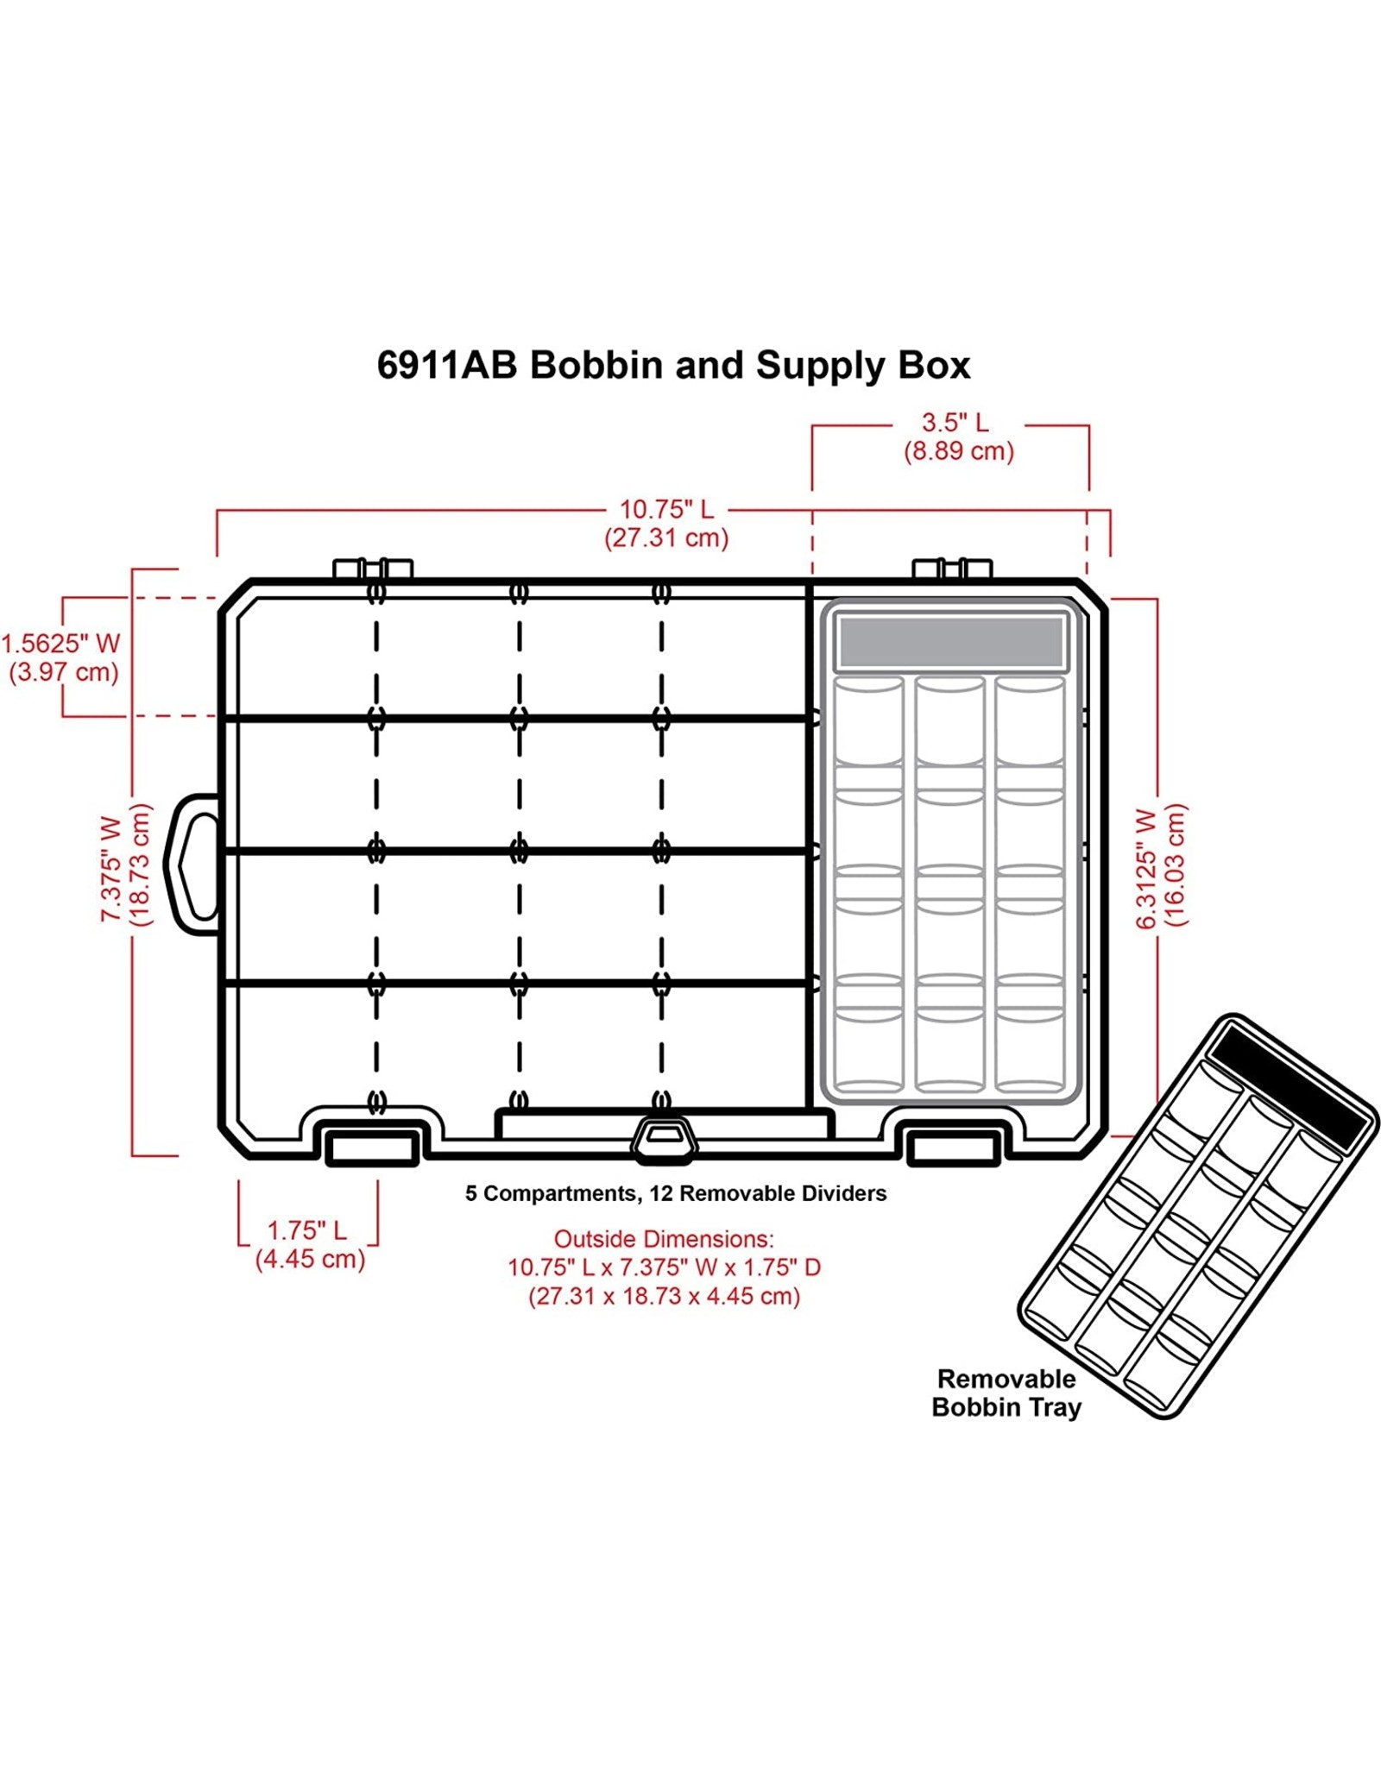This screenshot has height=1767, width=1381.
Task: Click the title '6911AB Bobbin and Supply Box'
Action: tap(673, 365)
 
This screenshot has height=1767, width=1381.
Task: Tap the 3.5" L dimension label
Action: tap(955, 423)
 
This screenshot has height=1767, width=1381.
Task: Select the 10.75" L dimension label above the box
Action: tap(666, 509)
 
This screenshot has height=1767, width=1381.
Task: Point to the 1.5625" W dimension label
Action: tap(60, 644)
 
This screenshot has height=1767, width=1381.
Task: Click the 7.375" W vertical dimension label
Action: tap(112, 868)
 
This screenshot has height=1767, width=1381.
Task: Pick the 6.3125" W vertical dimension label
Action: tap(1146, 868)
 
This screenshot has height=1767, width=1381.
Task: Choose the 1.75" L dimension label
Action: tap(306, 1230)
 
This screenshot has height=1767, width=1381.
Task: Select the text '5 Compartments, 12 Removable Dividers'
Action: tap(676, 1193)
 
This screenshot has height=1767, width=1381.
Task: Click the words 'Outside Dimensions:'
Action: tap(664, 1239)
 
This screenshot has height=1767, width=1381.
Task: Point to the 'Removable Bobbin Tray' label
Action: tap(1006, 1393)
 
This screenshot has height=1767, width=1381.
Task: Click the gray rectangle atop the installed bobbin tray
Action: tap(950, 642)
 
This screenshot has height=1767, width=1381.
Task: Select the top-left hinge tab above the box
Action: tap(373, 569)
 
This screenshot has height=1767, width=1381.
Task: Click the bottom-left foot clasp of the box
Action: tap(372, 1148)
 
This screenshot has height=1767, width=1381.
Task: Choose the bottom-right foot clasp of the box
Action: tap(954, 1148)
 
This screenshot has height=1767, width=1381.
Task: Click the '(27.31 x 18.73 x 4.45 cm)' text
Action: tap(664, 1296)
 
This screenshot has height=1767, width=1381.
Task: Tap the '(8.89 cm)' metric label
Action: tap(958, 451)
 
